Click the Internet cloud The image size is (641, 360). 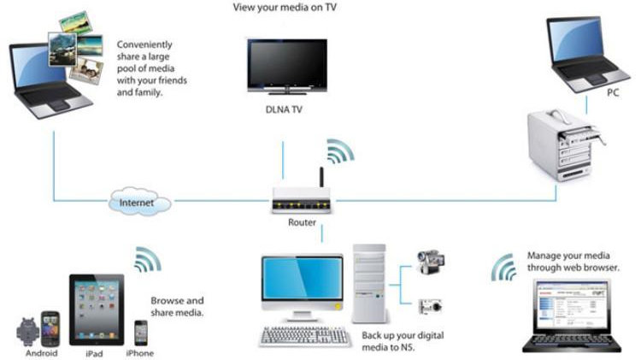[140, 201]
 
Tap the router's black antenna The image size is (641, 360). [321, 177]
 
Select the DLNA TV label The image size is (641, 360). [284, 109]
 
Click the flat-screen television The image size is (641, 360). [287, 67]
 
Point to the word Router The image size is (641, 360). [302, 222]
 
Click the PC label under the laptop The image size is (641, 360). [613, 93]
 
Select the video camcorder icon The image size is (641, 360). [431, 262]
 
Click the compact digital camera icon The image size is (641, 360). [430, 306]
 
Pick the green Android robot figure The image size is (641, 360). [27, 332]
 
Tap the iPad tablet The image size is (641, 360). [97, 310]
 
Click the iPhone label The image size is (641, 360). [140, 353]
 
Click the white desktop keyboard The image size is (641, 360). [304, 336]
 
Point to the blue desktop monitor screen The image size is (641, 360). [302, 279]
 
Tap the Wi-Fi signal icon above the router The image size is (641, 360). [340, 151]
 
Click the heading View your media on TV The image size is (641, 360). [285, 8]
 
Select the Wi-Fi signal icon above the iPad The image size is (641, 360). [148, 259]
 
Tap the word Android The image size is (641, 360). [41, 353]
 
